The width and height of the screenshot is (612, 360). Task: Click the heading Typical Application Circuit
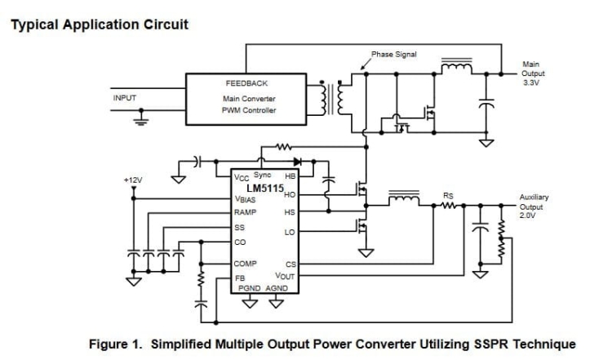99,24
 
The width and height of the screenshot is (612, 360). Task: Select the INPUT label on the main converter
124,98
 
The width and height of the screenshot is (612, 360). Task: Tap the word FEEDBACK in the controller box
246,83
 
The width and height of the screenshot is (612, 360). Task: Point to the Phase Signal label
394,55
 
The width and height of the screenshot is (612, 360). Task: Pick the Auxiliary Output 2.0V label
537,207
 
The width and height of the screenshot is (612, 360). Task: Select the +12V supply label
132,179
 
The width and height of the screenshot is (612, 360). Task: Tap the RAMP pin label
246,212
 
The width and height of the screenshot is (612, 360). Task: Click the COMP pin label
246,264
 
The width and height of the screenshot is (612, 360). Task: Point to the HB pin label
290,176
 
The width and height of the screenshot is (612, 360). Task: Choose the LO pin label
289,233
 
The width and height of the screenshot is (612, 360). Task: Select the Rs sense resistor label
448,196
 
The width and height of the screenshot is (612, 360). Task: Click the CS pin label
290,264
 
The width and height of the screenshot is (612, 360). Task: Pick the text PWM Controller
249,110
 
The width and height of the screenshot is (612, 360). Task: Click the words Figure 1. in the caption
114,344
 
